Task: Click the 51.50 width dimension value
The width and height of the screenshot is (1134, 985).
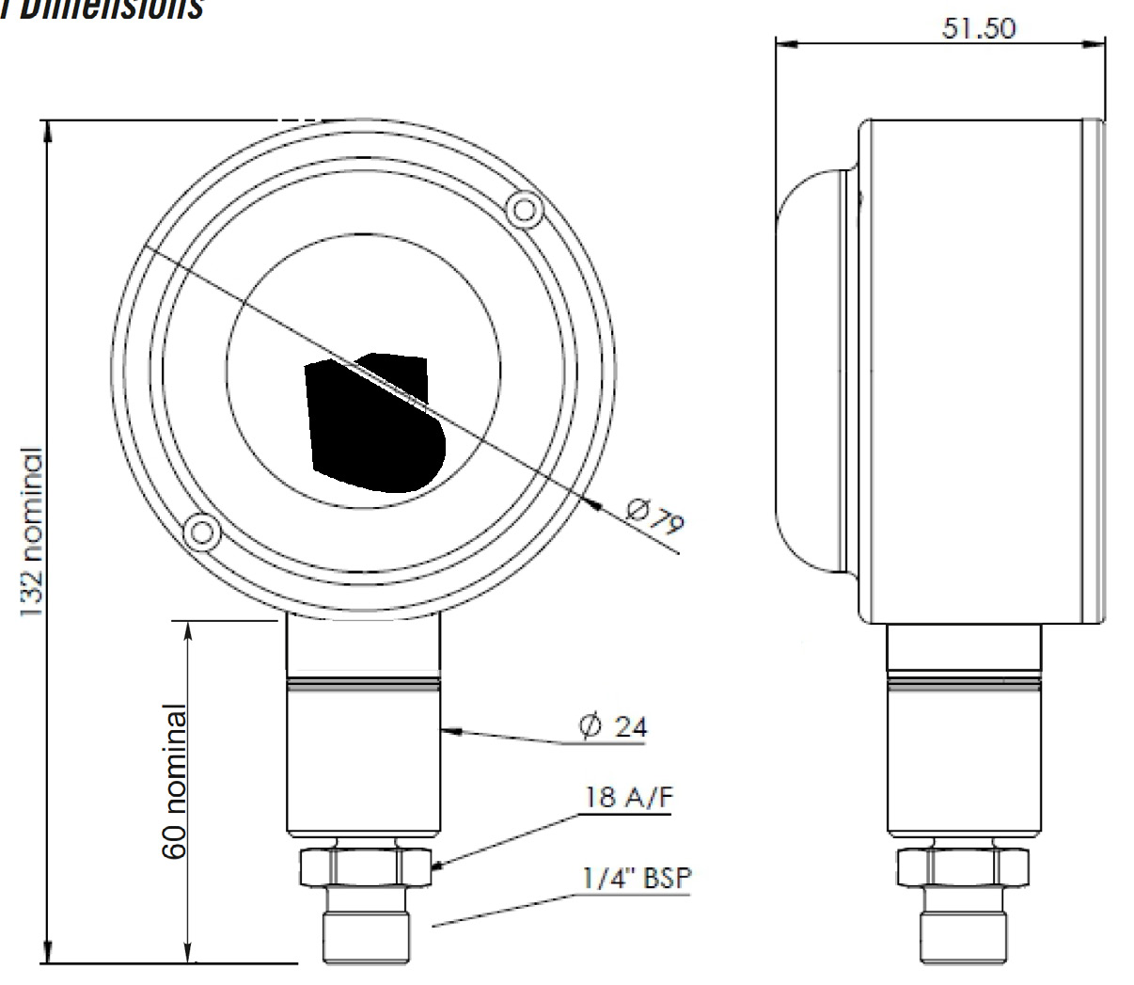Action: click(978, 28)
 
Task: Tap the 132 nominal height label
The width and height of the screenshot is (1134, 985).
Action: click(33, 533)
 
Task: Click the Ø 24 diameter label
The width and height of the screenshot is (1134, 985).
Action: click(613, 726)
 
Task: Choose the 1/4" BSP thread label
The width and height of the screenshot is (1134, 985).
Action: click(636, 879)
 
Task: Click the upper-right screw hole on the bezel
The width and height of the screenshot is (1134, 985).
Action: click(522, 208)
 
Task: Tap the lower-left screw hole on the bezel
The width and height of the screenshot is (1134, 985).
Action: click(201, 533)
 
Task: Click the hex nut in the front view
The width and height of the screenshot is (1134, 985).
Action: click(364, 866)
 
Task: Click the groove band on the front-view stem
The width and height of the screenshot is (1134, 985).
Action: click(364, 684)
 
